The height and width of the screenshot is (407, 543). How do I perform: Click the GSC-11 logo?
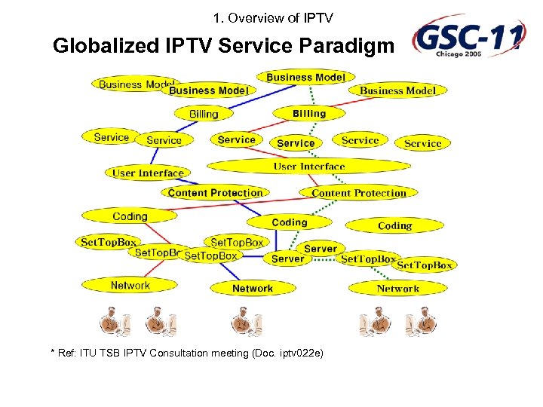[468, 38]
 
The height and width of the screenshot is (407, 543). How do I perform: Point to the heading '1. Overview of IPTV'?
[273, 17]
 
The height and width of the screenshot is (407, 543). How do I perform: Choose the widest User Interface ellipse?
[308, 166]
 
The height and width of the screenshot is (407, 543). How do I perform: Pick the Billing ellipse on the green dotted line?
[309, 113]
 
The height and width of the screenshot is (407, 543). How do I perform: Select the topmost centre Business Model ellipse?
[305, 77]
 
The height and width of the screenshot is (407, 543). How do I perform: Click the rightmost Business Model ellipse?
[397, 90]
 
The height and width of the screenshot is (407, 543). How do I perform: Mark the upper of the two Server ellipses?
[321, 248]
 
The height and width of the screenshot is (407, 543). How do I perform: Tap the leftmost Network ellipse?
[130, 285]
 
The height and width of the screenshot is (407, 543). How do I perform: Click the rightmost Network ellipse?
[397, 288]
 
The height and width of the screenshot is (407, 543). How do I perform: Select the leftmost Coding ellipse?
[130, 216]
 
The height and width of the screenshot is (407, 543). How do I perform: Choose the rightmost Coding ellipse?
[394, 225]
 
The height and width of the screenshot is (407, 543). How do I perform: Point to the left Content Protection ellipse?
[215, 193]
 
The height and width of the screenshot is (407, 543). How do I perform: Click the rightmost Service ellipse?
[422, 143]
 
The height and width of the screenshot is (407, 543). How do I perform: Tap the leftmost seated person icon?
[114, 320]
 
